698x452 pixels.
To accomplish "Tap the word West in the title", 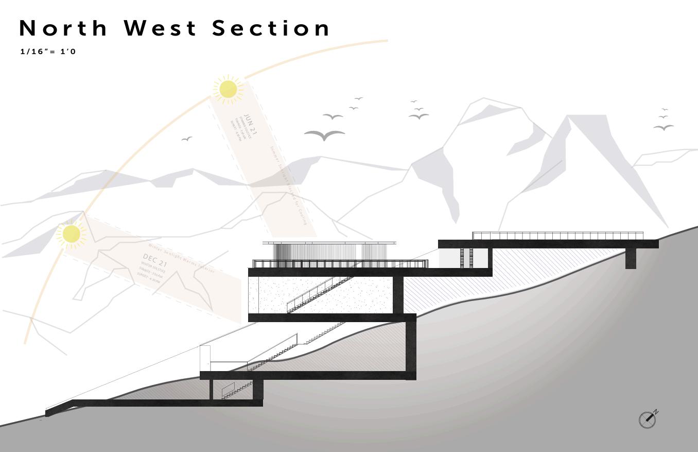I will click(161, 28).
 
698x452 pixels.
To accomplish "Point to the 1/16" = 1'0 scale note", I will click(48, 52).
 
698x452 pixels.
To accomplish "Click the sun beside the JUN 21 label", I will click(228, 89).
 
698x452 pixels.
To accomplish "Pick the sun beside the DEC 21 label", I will click(71, 233).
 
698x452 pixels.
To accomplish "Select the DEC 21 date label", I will click(155, 260).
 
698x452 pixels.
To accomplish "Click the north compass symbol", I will click(648, 420).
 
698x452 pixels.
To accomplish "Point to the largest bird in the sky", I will click(324, 136).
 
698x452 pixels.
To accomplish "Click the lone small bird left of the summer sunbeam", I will click(187, 139).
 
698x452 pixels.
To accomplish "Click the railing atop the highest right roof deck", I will click(557, 236).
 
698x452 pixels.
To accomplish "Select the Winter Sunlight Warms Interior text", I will click(185, 257).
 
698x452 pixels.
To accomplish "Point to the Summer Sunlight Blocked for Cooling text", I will click(288, 186).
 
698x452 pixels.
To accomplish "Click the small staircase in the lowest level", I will click(237, 390).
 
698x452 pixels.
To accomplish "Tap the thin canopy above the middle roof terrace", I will click(329, 243).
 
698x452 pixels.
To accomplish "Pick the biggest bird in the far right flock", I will click(664, 127).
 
